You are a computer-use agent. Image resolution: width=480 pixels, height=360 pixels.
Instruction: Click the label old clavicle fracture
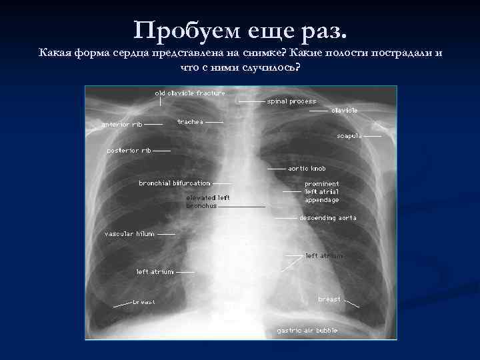click(x=190, y=93)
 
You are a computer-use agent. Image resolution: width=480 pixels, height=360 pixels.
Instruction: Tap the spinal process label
click(x=291, y=101)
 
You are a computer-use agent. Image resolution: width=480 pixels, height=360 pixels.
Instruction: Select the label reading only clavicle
click(x=345, y=110)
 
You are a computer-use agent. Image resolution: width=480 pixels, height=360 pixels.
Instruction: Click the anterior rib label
click(x=121, y=124)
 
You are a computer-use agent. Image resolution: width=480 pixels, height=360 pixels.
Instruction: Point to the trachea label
click(x=190, y=122)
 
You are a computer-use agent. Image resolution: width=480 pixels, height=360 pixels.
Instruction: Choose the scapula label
click(x=349, y=135)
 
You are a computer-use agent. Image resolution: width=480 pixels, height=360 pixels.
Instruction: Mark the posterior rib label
click(x=129, y=151)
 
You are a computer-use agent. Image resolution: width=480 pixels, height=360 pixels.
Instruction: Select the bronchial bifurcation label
click(x=174, y=183)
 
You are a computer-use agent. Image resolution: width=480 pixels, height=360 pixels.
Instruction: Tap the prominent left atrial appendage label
click(x=322, y=192)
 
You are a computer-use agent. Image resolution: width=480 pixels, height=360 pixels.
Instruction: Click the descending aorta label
click(x=328, y=218)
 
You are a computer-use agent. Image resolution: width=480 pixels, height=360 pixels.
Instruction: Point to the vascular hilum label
click(x=129, y=234)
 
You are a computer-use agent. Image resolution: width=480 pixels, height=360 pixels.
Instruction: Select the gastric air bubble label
click(x=307, y=331)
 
